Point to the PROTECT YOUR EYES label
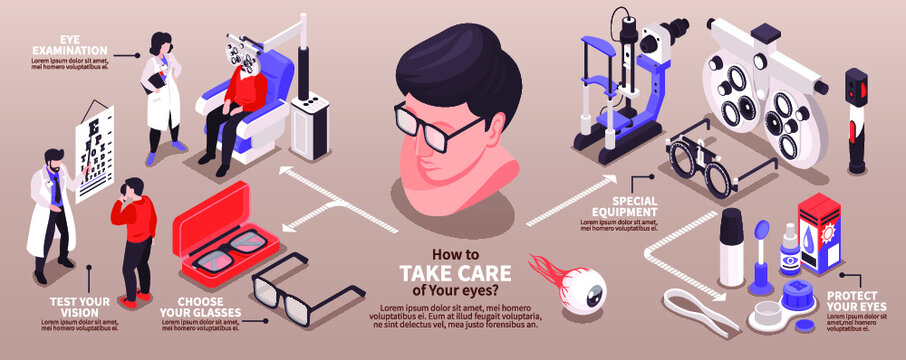[x=853, y=301]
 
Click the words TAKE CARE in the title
[x=456, y=273]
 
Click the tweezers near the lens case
[x=712, y=317]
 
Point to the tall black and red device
[x=856, y=120]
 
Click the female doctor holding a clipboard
[x=163, y=95]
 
